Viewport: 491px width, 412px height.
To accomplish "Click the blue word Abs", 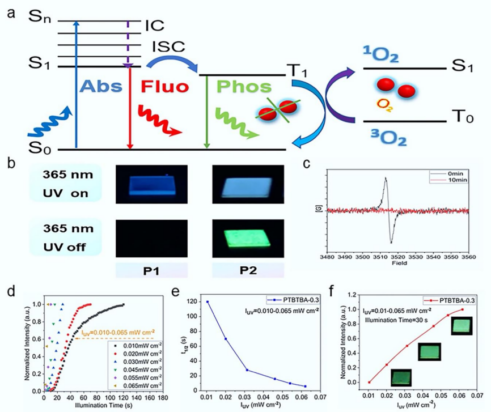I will click(x=100, y=87).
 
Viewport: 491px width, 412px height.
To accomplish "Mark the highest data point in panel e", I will click(x=207, y=302).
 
